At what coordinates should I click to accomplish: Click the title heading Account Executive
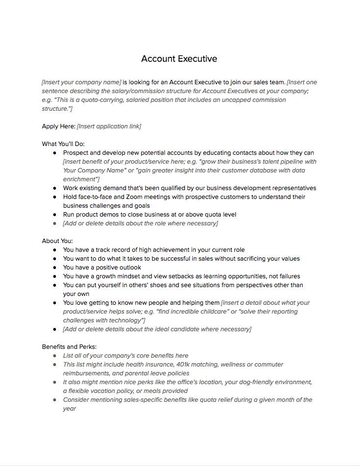pos(179,59)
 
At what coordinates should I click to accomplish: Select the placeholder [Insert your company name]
pos(81,82)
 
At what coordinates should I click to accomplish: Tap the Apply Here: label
pos(58,126)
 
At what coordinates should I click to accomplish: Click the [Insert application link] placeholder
pos(109,126)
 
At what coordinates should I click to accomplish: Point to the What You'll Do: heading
pos(63,144)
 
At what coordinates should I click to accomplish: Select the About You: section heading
pos(57,241)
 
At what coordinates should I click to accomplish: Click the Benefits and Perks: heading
pos(69,347)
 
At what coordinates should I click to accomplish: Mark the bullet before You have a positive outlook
pos(55,268)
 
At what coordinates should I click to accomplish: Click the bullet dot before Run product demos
pos(55,215)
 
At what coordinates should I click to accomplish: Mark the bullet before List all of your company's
pos(55,356)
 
